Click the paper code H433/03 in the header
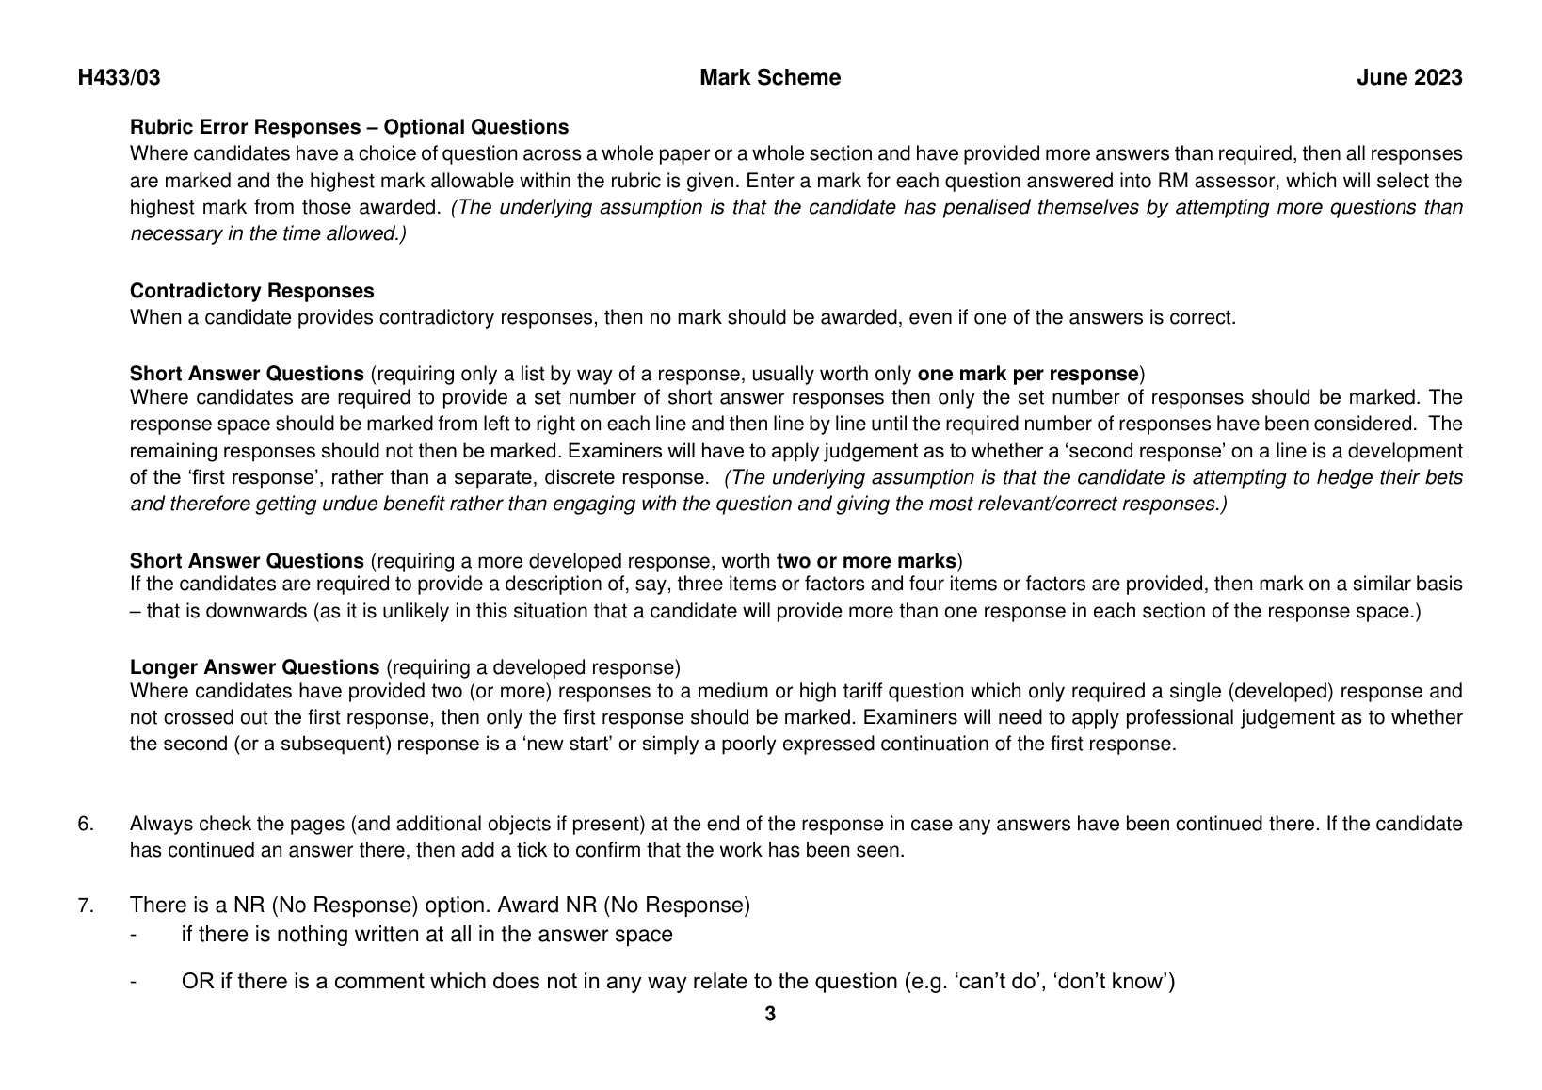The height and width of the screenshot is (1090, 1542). coord(119,78)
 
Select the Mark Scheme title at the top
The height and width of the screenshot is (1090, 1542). coord(770,78)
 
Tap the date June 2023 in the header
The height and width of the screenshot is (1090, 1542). coord(1409,78)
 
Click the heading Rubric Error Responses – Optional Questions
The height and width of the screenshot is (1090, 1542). coord(349,127)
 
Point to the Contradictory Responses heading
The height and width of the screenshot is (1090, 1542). coord(251,291)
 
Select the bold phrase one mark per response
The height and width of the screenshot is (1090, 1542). coord(1028,373)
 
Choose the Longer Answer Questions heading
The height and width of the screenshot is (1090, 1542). coord(254,667)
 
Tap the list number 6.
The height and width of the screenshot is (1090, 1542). coord(86,825)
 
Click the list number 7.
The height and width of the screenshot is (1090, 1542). coord(86,906)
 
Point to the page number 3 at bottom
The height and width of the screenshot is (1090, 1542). coord(770,1014)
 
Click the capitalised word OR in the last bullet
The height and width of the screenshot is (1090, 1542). coord(194,982)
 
